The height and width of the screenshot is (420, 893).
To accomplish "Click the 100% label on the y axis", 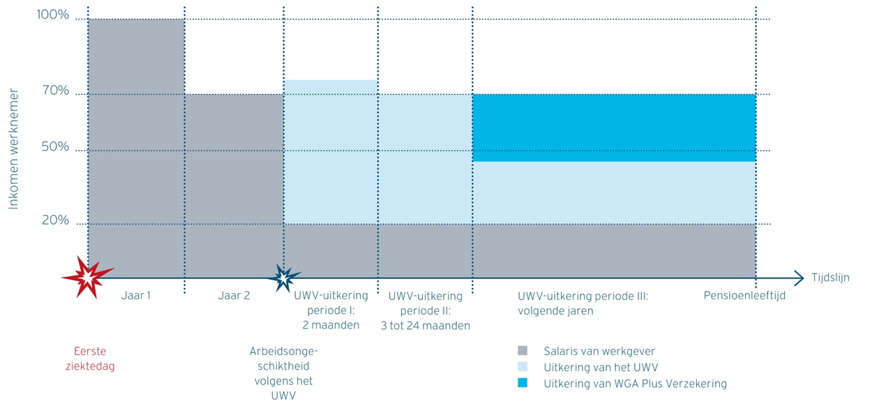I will [x=53, y=15].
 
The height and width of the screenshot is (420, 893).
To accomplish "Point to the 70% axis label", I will [x=55, y=90].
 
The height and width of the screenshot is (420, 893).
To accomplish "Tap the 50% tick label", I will [x=55, y=147].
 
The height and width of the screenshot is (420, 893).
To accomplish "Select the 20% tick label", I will [x=55, y=220].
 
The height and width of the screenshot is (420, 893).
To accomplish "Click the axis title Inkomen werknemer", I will [x=13, y=149].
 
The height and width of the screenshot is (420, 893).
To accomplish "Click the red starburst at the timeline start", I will [x=88, y=277].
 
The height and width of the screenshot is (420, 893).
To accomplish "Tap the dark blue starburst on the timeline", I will [x=284, y=277].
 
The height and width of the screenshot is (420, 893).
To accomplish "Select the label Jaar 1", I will [x=136, y=295].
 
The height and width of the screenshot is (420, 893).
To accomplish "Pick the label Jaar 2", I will [x=234, y=295].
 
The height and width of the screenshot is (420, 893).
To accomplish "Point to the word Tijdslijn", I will [x=830, y=277].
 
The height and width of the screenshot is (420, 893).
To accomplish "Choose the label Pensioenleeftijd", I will [x=744, y=295].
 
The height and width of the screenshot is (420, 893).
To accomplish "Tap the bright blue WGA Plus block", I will [x=614, y=128].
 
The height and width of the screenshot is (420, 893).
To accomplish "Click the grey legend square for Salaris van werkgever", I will [x=523, y=351].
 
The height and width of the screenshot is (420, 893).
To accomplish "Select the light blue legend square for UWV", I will [x=523, y=367].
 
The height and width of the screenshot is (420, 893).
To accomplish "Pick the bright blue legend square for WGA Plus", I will [x=523, y=383].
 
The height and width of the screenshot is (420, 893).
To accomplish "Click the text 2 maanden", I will [x=331, y=324].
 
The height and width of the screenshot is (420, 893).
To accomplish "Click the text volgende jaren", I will [x=555, y=310].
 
